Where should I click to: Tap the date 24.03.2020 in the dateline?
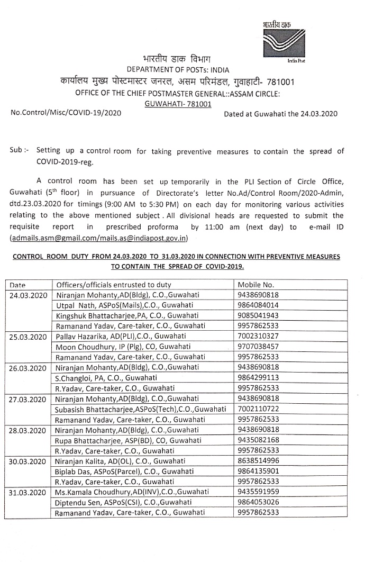pos(320,114)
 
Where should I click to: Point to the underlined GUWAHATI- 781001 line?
pos(178,104)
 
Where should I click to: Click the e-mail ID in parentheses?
pos(99,239)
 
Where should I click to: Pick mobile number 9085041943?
pos(259,315)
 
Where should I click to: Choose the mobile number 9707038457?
pos(259,347)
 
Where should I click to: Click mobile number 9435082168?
pos(259,440)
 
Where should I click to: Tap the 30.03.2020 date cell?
pos(31,460)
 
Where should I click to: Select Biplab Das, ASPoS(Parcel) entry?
pos(117,471)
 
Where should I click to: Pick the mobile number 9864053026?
pos(259,502)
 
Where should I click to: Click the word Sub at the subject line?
pos(15,151)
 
